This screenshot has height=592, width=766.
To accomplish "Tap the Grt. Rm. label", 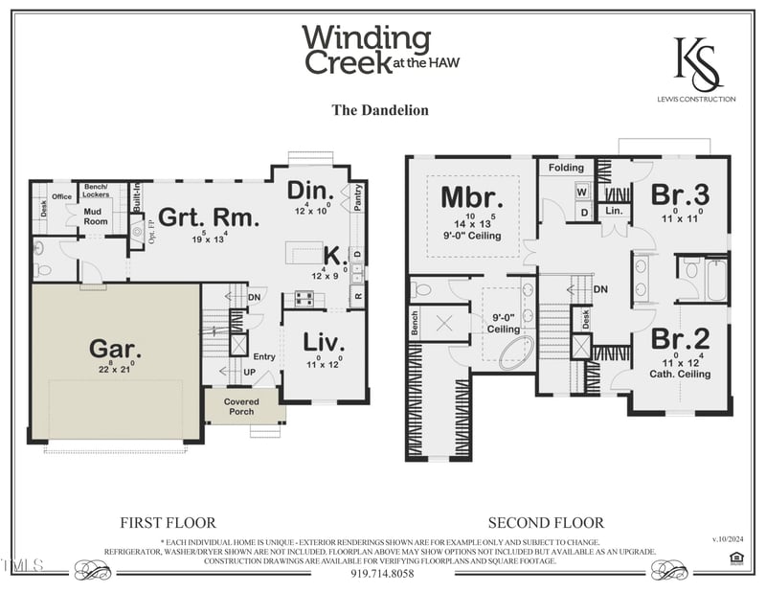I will point(208,217).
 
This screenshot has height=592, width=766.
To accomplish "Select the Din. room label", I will point(310,190).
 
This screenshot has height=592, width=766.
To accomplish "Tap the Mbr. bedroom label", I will point(471,197).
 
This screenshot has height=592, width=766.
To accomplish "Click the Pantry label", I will point(358,198).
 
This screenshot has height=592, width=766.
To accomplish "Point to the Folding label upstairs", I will point(566,168).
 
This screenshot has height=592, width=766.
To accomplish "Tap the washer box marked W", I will point(582,191).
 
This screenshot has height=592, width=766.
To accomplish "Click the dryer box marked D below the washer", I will point(582,213).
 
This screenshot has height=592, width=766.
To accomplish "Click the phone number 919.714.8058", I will point(382,574).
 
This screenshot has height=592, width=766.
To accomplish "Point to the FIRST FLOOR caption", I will point(168,523).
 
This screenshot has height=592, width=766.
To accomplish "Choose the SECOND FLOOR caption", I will point(546,523).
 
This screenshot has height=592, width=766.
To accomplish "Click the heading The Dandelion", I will point(380,110).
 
